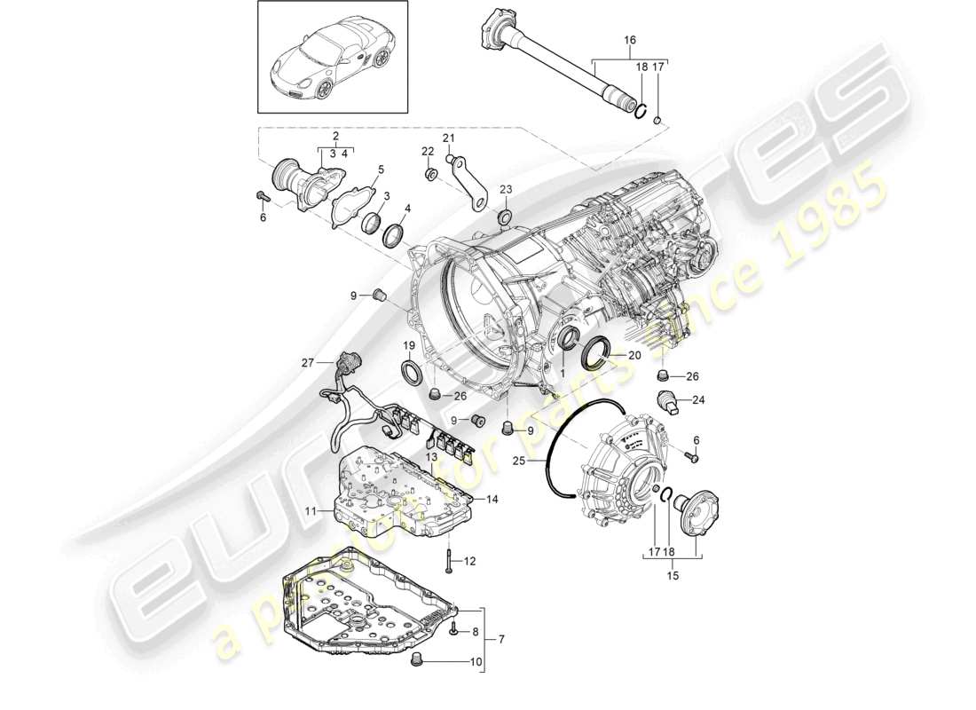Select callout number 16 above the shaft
coord(630,40)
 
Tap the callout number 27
coord(307,362)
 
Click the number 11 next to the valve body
coord(311,511)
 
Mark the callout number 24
coord(697,399)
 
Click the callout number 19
coord(410,345)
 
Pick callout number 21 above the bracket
coord(448,138)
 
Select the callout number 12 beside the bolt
coord(470,561)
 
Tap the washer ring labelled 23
coord(504,217)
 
